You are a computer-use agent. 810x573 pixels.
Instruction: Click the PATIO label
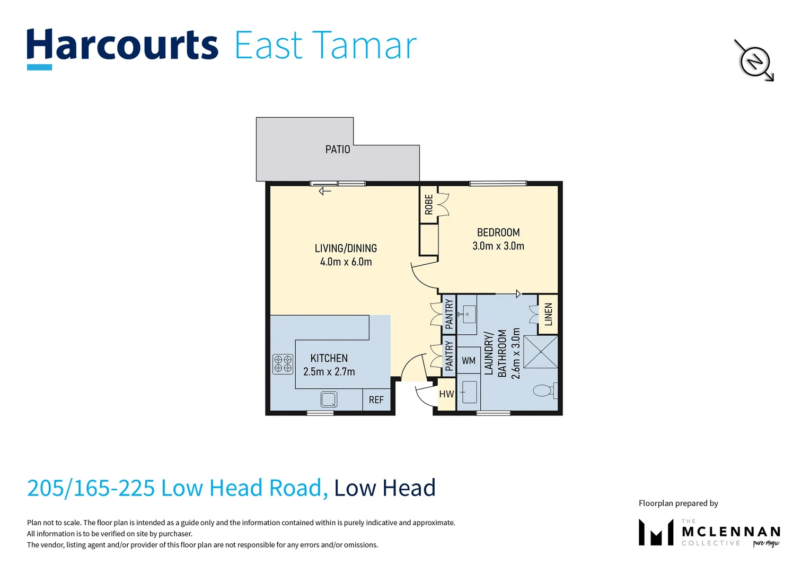(x=338, y=150)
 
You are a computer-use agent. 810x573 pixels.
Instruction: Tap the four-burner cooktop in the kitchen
(x=283, y=364)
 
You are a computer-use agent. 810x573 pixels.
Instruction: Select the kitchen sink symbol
(x=329, y=399)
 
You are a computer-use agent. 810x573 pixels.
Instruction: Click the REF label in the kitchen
(x=376, y=400)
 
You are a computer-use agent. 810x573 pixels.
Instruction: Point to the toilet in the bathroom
(x=543, y=391)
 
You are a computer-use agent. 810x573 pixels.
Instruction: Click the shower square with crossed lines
(x=540, y=351)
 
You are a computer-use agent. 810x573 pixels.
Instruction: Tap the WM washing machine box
(x=468, y=361)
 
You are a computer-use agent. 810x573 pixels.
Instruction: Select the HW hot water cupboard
(x=446, y=394)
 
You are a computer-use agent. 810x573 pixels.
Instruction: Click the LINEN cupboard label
(x=549, y=314)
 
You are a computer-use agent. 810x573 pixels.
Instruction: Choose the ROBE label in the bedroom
(x=429, y=205)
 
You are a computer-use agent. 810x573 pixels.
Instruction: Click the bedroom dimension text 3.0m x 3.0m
(x=498, y=246)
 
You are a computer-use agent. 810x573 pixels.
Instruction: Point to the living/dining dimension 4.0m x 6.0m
(x=346, y=262)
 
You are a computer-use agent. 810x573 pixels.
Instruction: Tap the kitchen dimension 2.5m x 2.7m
(x=329, y=372)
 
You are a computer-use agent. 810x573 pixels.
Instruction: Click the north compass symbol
(x=754, y=61)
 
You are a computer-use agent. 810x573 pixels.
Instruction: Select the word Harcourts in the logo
(x=122, y=46)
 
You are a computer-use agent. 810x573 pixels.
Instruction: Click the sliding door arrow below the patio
(x=325, y=191)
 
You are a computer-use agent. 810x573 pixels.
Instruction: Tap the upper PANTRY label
(x=449, y=314)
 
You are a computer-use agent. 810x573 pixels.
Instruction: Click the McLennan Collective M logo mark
(x=656, y=533)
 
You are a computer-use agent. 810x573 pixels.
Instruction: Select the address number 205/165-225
(x=91, y=488)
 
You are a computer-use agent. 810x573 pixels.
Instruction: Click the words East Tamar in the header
(x=325, y=46)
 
